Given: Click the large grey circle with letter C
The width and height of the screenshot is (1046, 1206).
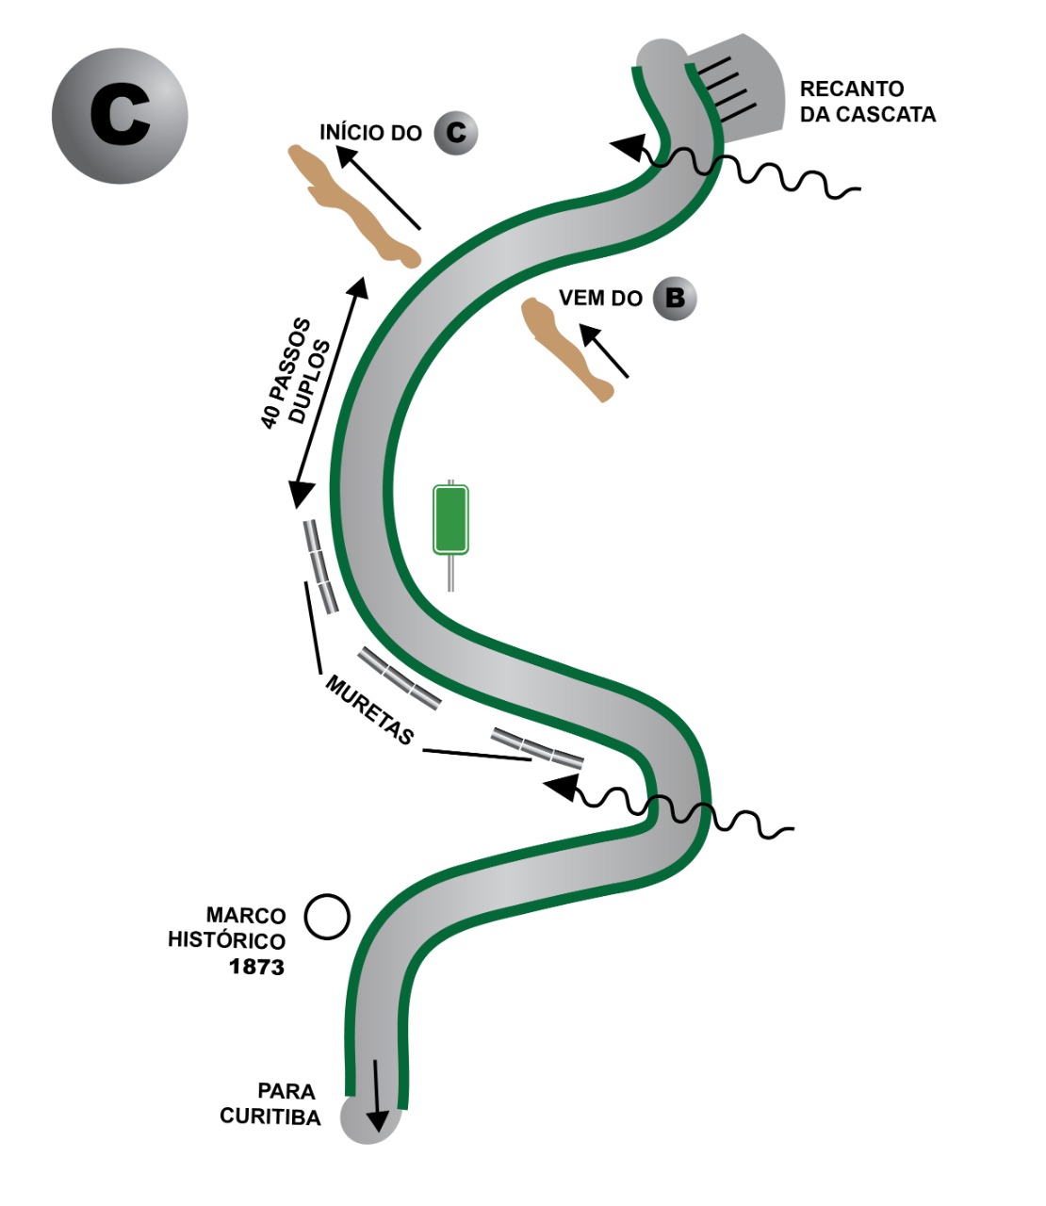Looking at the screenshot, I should pos(120,116).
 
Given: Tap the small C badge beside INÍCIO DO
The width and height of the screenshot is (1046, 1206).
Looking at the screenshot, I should pos(456,133).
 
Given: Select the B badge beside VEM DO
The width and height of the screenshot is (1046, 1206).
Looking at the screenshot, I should pos(675,299).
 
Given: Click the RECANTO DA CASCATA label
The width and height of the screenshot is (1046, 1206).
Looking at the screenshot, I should pos(867,102).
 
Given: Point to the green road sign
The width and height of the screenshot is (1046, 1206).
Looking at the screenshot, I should pos(450,519).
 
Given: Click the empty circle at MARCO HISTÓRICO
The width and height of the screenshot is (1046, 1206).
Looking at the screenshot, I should pos(327,916).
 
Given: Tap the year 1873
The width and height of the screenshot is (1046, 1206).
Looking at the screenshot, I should pos(256,967).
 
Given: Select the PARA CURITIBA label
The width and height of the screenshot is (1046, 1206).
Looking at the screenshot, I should pos(270,1104).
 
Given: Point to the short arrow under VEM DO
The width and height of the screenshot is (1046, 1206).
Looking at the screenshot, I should pos(603,350).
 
